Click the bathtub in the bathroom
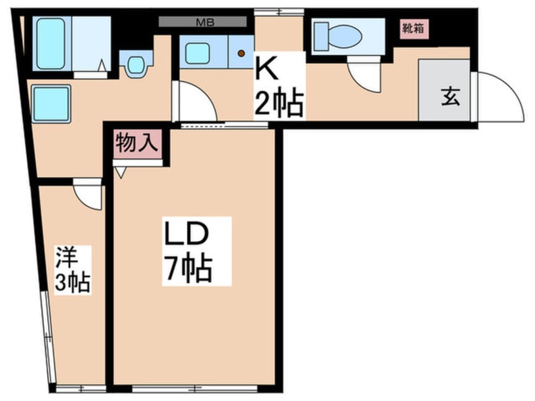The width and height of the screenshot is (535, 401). [x=51, y=44]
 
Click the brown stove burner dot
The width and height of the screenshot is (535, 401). [x=241, y=54]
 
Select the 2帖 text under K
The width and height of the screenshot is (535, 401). [x=278, y=104]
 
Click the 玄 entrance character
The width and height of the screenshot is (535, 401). [x=450, y=98]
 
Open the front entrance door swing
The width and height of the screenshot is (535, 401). [x=500, y=97]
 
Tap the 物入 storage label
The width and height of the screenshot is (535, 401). [x=136, y=143]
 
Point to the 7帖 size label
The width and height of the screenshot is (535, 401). [x=188, y=269]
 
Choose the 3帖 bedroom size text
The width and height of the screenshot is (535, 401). [x=71, y=283]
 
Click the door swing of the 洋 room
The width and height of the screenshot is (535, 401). [x=89, y=194]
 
